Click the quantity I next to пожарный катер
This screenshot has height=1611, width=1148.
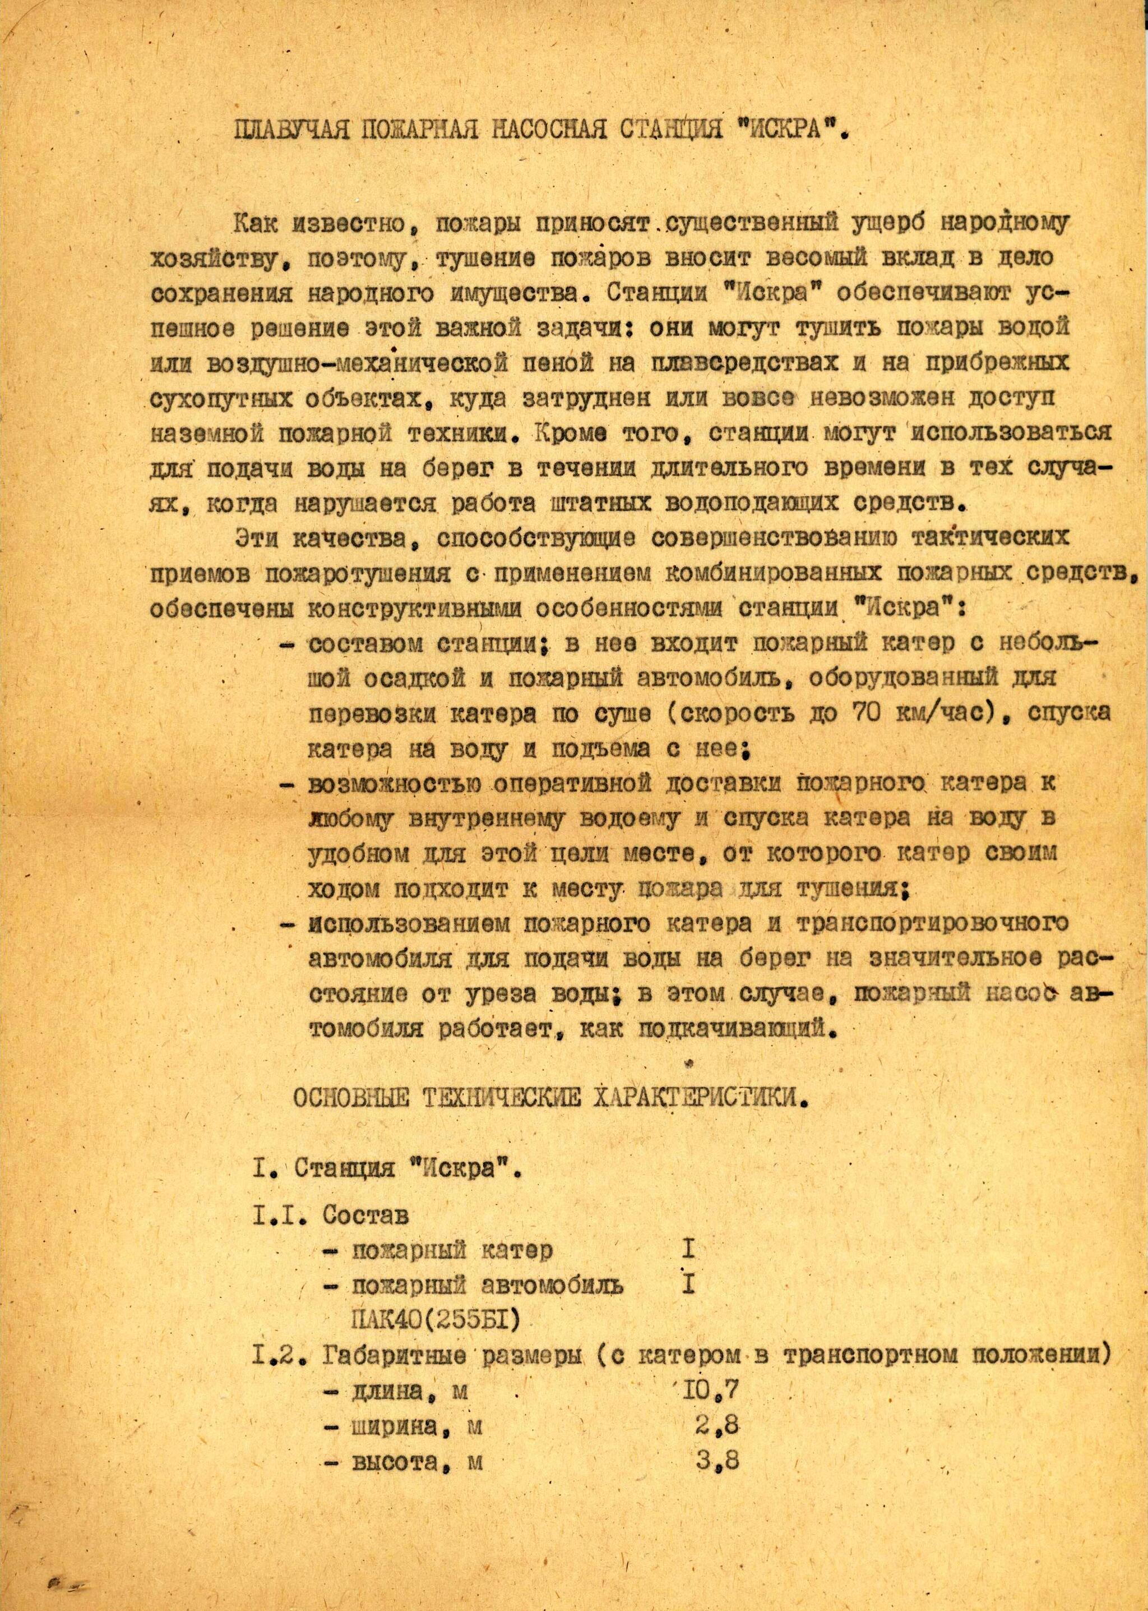tap(688, 1250)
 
